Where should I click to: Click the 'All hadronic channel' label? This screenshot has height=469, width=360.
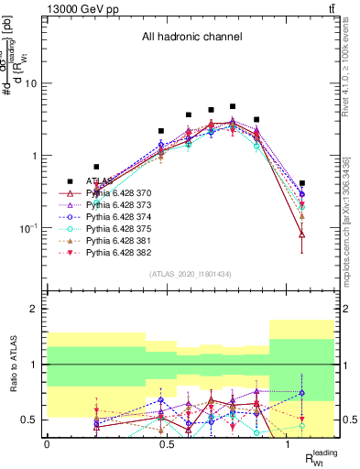(x=191, y=38)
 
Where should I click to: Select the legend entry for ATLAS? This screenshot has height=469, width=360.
(x=102, y=181)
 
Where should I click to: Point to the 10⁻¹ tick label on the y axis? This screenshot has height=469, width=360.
(x=28, y=227)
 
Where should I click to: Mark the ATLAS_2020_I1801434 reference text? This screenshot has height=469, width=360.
(x=190, y=274)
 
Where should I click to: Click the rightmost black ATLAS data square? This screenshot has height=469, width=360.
(x=302, y=183)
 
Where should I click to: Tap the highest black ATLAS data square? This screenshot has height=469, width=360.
(x=233, y=107)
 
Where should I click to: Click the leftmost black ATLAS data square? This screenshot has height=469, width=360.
(x=96, y=167)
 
